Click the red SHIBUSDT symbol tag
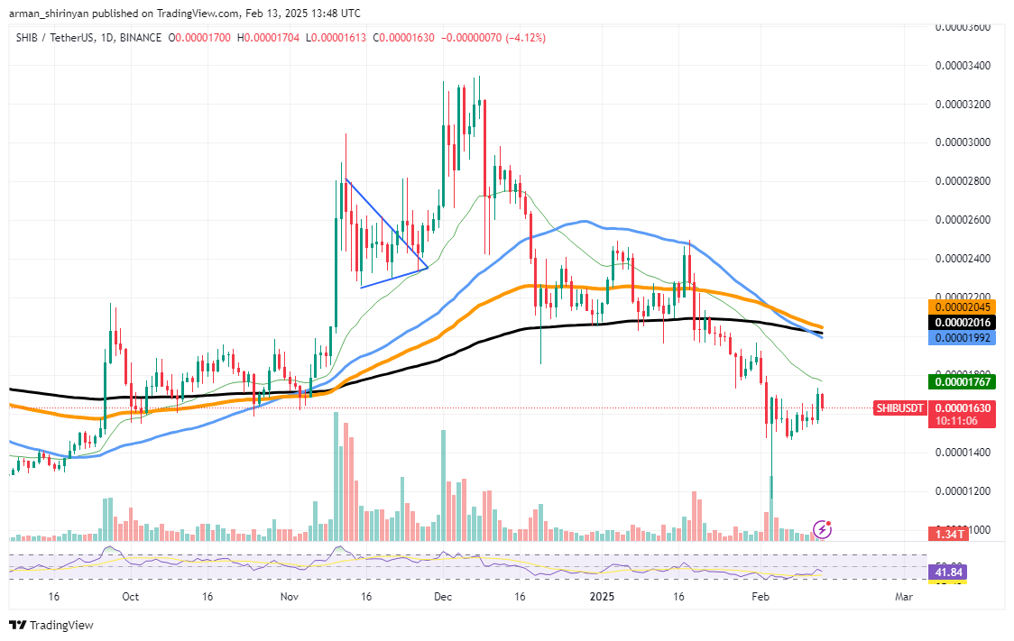tap(900, 408)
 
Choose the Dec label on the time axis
tap(442, 597)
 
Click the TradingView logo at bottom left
tap(51, 625)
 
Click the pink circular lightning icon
tap(822, 528)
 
